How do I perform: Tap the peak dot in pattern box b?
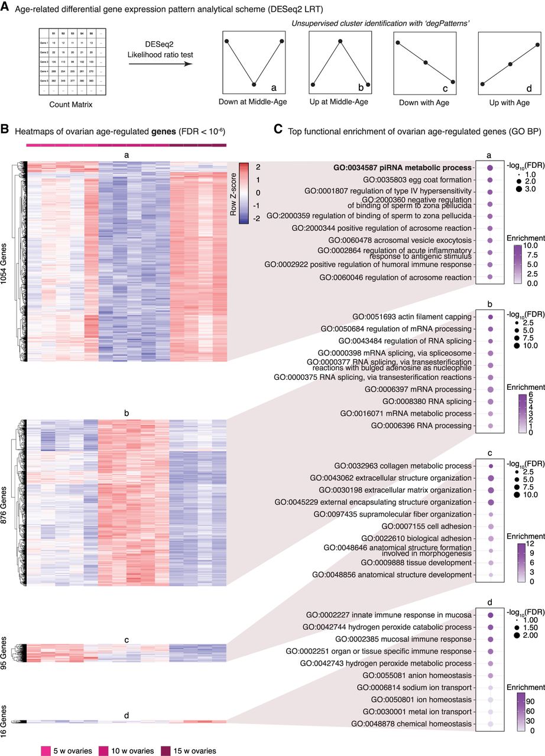coord(340,41)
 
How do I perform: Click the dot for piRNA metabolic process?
coord(489,168)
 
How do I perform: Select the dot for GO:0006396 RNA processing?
coord(489,425)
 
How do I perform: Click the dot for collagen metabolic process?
coord(489,466)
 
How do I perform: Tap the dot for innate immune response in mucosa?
coord(489,615)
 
